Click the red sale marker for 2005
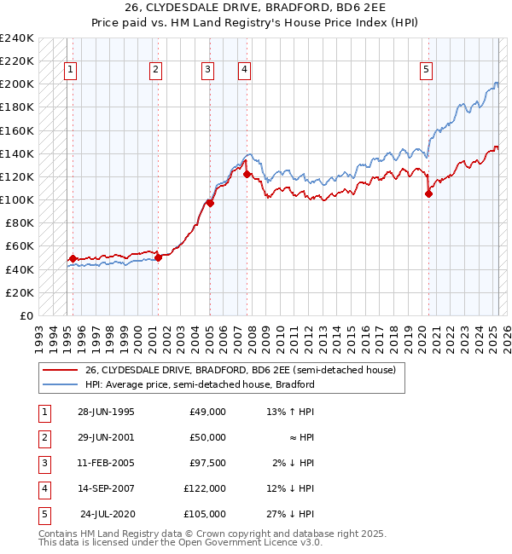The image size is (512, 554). (210, 203)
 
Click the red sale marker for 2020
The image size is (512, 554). (428, 193)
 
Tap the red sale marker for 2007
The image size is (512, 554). (247, 174)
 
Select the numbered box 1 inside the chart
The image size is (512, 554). (70, 71)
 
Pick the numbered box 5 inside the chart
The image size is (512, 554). (426, 71)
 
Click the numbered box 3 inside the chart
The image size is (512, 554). (207, 71)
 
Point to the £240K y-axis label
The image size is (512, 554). (17, 38)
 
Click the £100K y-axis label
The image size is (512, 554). (17, 199)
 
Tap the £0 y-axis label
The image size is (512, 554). (27, 315)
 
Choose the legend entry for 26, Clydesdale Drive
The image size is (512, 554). (239, 371)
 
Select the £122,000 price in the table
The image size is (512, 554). (205, 488)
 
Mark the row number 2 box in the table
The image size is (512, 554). (44, 437)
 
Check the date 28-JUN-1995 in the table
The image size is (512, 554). (106, 412)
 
